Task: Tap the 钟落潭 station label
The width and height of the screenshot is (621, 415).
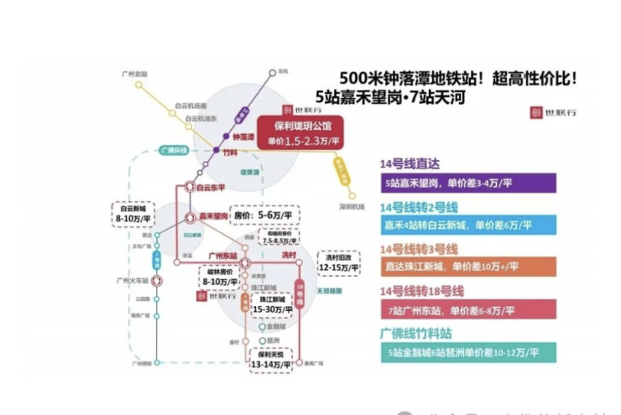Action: (243, 137)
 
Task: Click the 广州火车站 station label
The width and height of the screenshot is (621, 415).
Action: (134, 280)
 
